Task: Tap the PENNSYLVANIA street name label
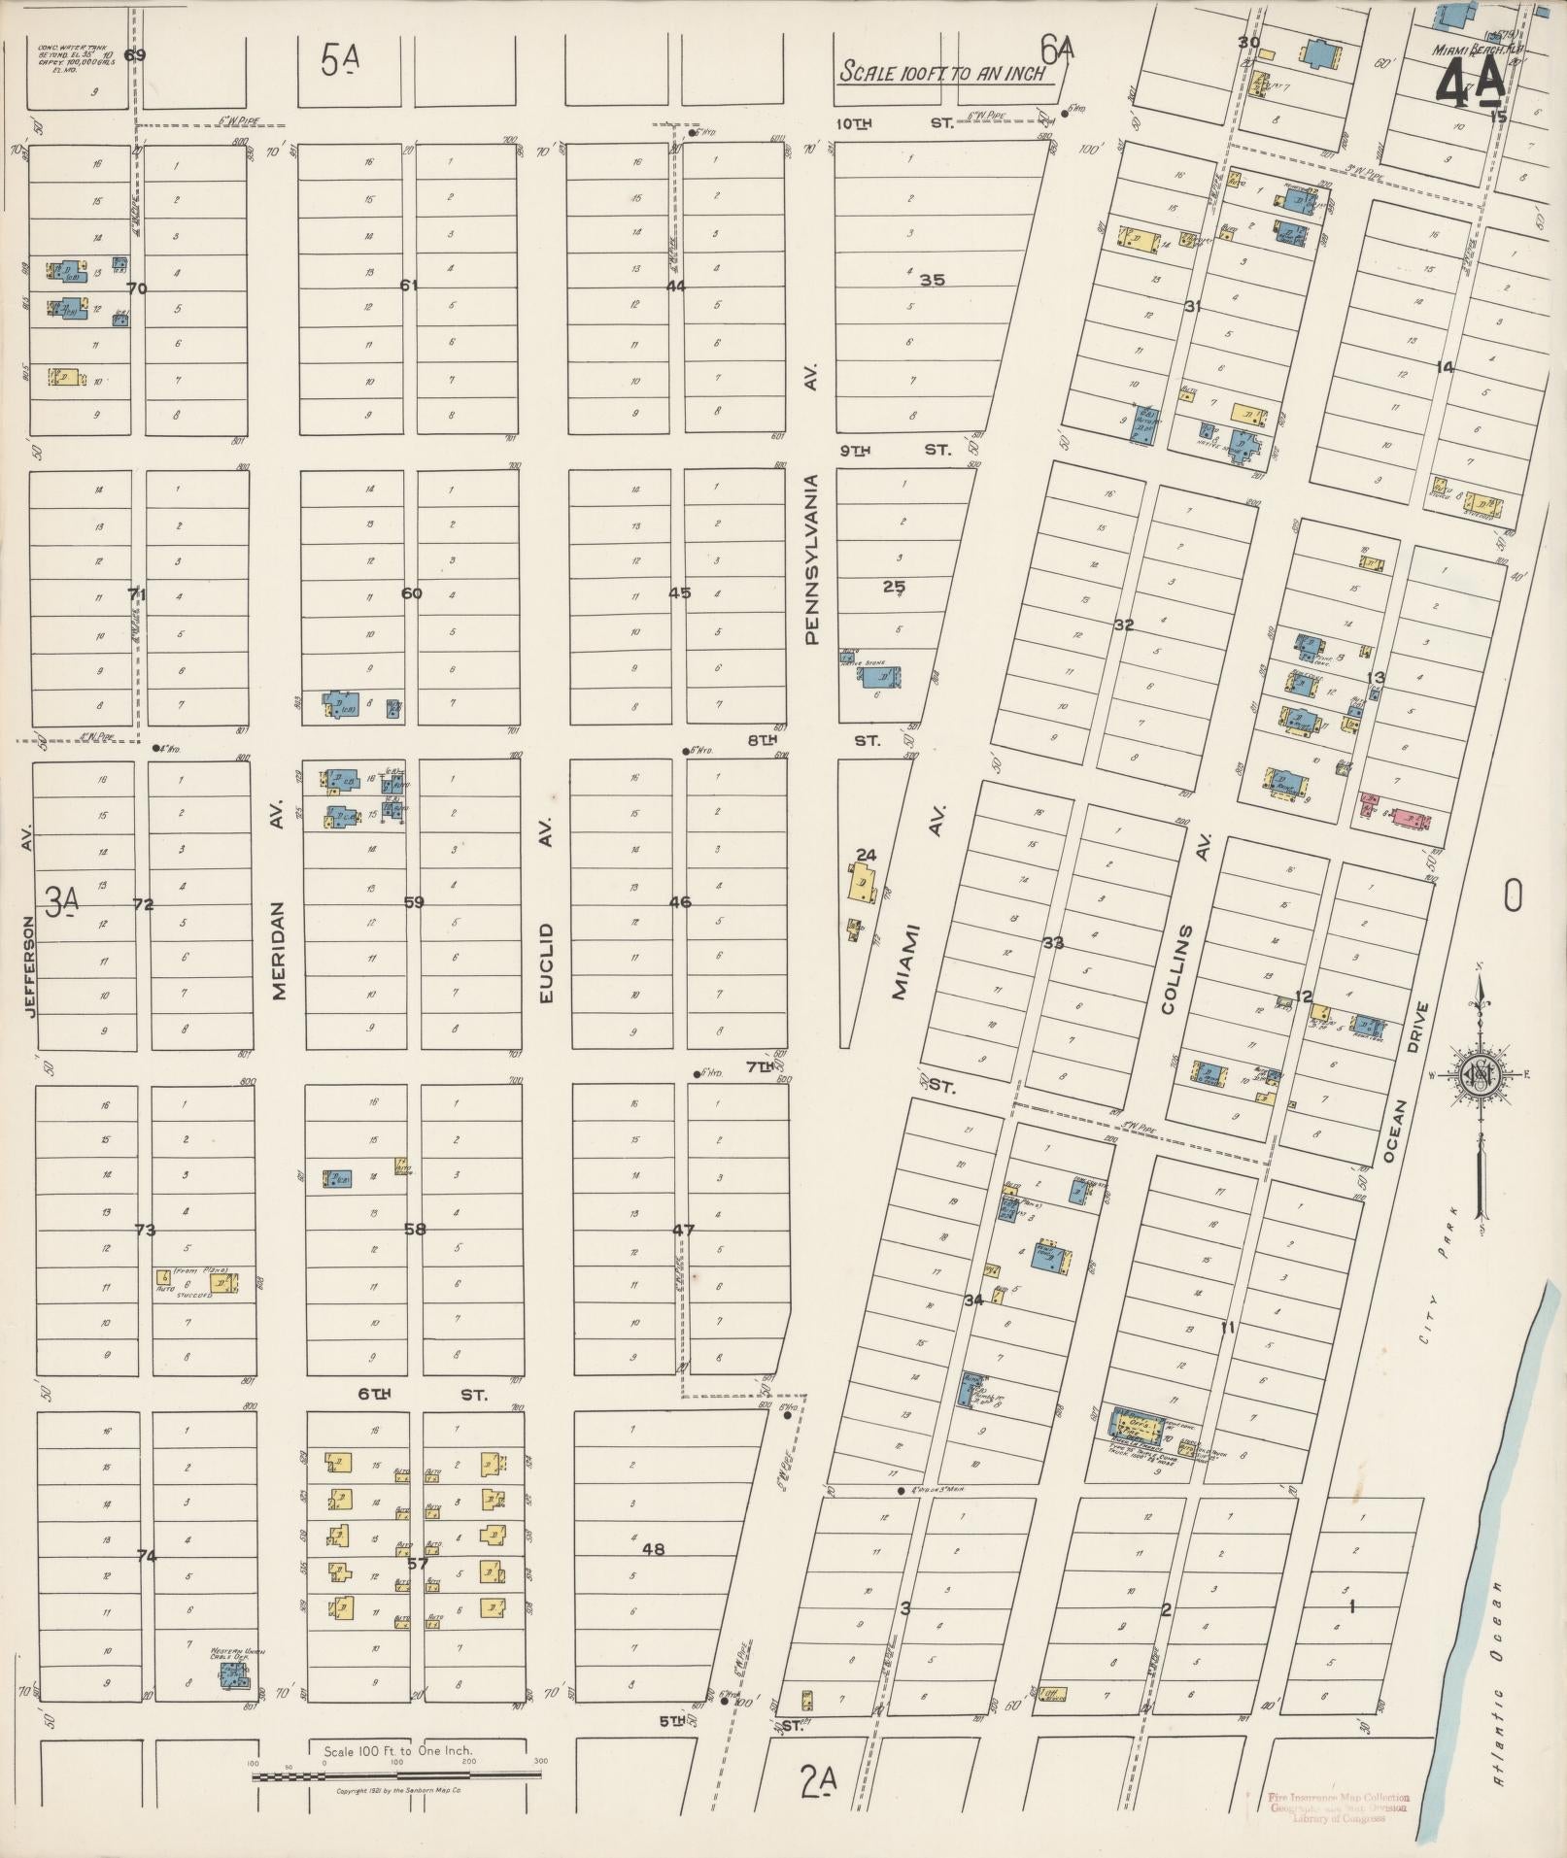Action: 812,558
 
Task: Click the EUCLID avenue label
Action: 546,963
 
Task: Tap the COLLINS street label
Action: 1180,968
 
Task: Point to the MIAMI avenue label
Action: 903,960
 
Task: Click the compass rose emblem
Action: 1478,1076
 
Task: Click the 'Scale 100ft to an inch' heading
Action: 942,73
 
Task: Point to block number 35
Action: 932,280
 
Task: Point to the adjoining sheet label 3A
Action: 63,903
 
